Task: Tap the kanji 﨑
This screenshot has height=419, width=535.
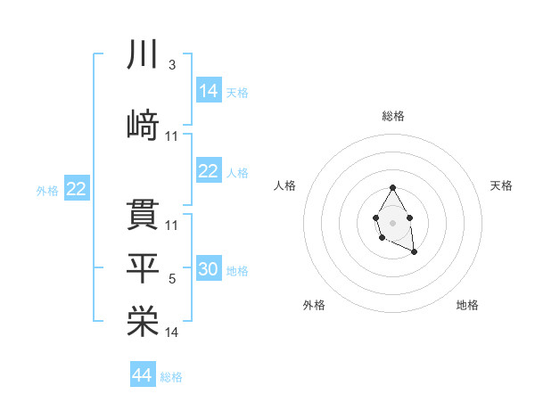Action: pyautogui.click(x=143, y=126)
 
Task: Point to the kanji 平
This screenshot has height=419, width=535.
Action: pyautogui.click(x=143, y=268)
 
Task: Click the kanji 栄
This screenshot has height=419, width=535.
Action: pyautogui.click(x=143, y=323)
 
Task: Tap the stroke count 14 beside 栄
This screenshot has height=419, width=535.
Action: pyautogui.click(x=172, y=333)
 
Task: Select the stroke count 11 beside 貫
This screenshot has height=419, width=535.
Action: pyautogui.click(x=172, y=226)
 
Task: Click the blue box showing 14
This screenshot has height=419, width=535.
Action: pyautogui.click(x=209, y=90)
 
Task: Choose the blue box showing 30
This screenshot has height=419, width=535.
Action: pyautogui.click(x=209, y=269)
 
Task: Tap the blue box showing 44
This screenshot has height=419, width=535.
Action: pyautogui.click(x=143, y=375)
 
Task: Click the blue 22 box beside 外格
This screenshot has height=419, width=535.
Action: pyautogui.click(x=76, y=189)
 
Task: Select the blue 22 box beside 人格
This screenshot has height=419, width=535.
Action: pyautogui.click(x=209, y=171)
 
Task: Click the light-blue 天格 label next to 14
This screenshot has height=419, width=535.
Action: pyautogui.click(x=237, y=92)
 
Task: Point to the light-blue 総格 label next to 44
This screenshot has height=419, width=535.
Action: pyautogui.click(x=171, y=377)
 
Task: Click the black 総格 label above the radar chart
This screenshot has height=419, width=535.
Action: pyautogui.click(x=392, y=116)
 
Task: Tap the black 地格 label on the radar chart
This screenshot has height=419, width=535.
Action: pyautogui.click(x=467, y=306)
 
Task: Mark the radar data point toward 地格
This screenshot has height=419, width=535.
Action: pyautogui.click(x=415, y=252)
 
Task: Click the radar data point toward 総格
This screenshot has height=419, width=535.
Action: pyautogui.click(x=392, y=187)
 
